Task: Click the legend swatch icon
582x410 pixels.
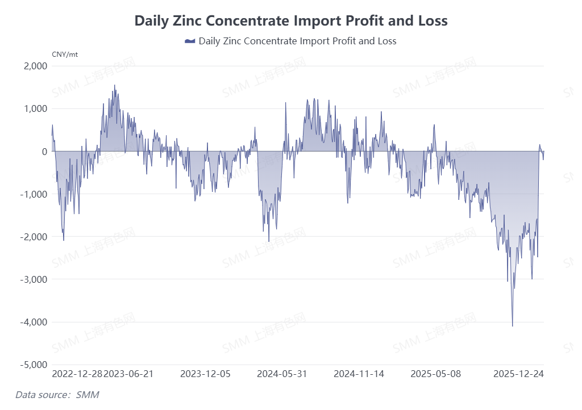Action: click(190, 41)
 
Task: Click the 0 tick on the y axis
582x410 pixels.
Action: click(44, 151)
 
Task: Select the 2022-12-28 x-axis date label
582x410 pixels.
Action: click(77, 374)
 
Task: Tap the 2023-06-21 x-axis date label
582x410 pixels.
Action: click(128, 374)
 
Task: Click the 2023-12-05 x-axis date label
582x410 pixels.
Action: click(206, 374)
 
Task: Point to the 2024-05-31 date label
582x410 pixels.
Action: click(282, 374)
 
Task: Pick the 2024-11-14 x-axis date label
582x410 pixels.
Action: click(359, 374)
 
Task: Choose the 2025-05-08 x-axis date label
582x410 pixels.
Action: click(436, 374)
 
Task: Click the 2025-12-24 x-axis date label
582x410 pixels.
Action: click(518, 374)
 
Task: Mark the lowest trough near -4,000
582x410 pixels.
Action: click(513, 325)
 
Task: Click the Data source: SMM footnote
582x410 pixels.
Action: click(57, 394)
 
